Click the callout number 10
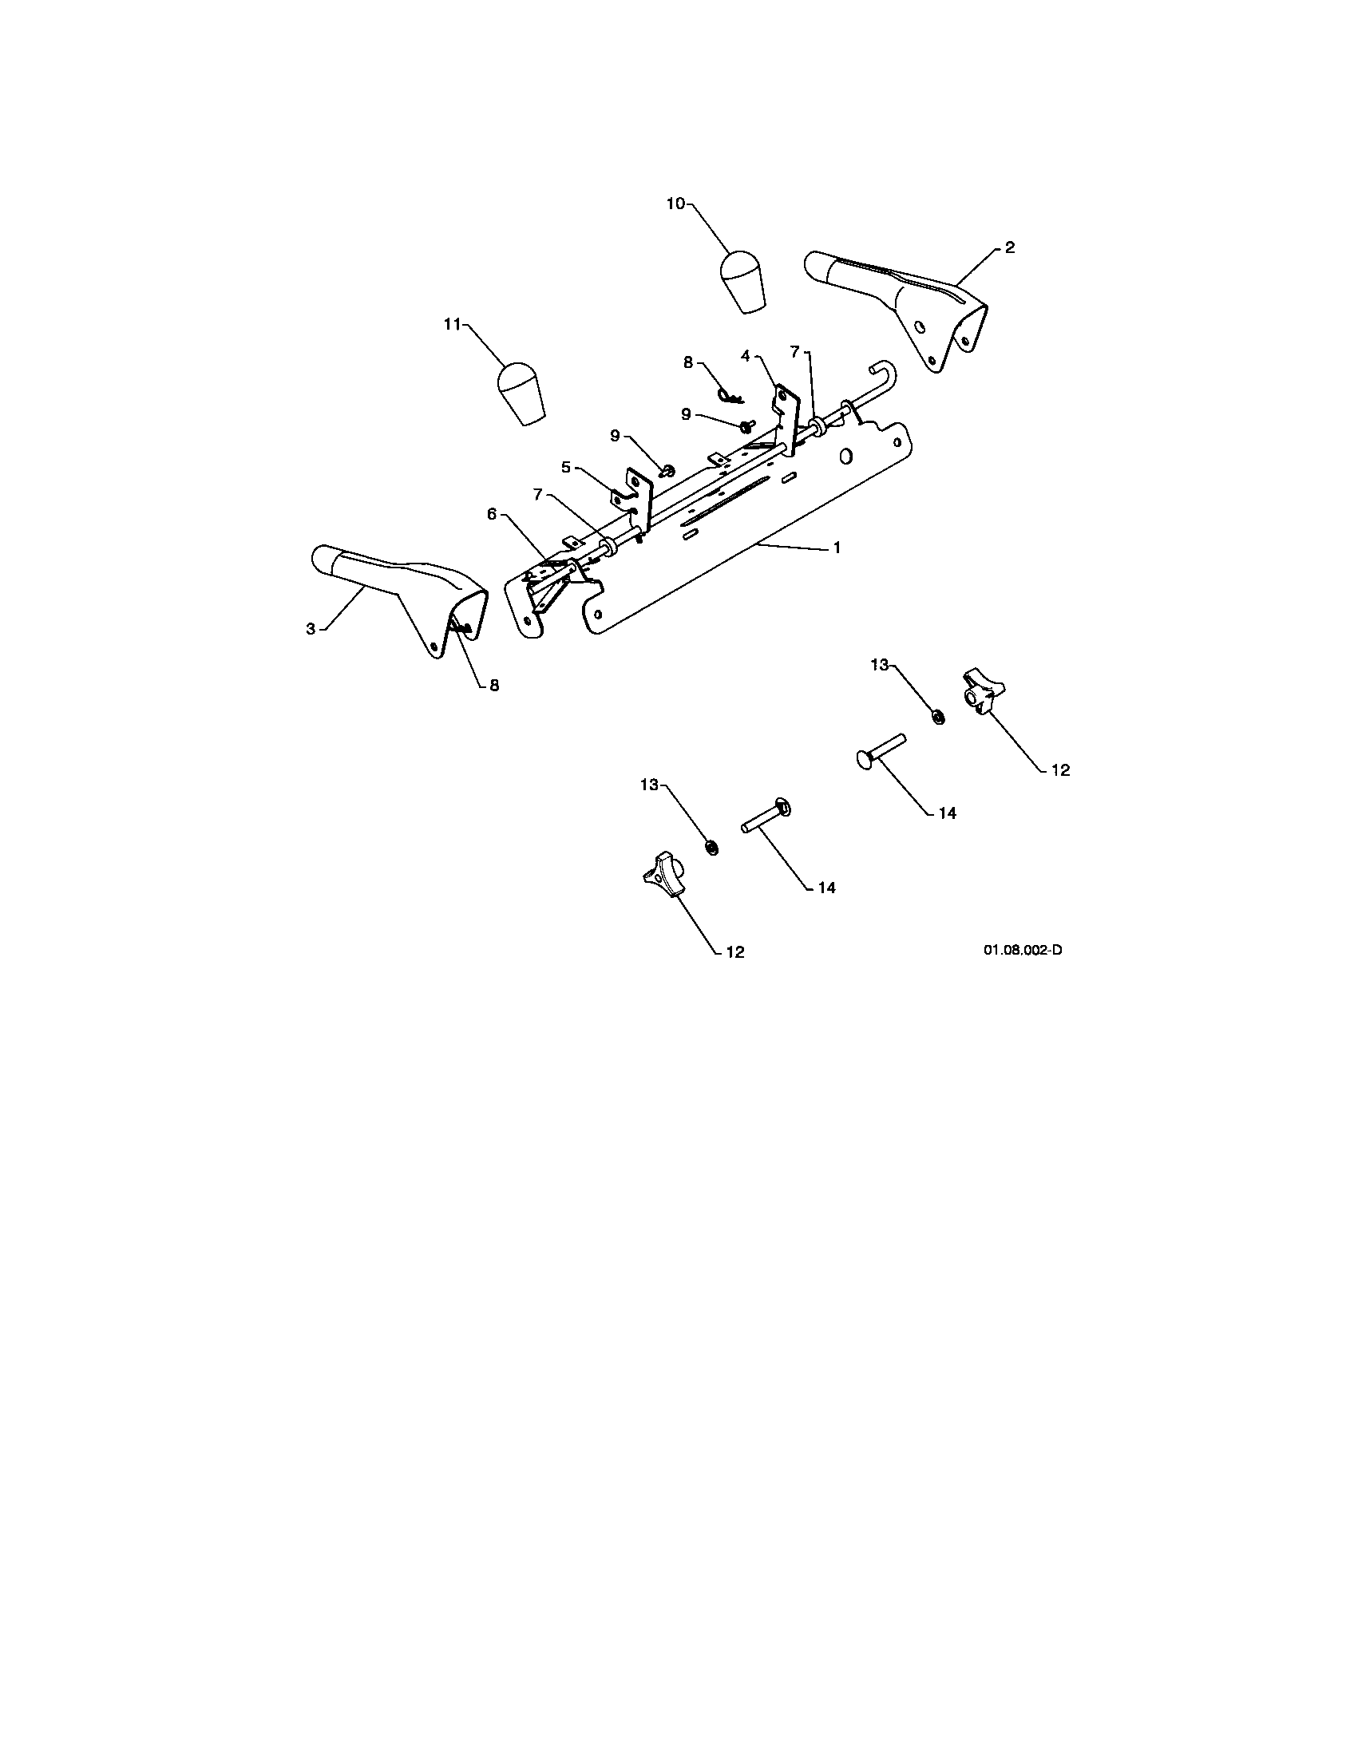click(675, 204)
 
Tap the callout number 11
click(452, 324)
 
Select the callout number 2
click(1010, 247)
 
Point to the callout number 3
click(311, 629)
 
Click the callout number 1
click(837, 548)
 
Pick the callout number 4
click(746, 355)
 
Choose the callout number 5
click(566, 466)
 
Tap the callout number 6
click(492, 514)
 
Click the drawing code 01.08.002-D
click(1023, 951)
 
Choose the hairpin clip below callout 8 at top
click(729, 396)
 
